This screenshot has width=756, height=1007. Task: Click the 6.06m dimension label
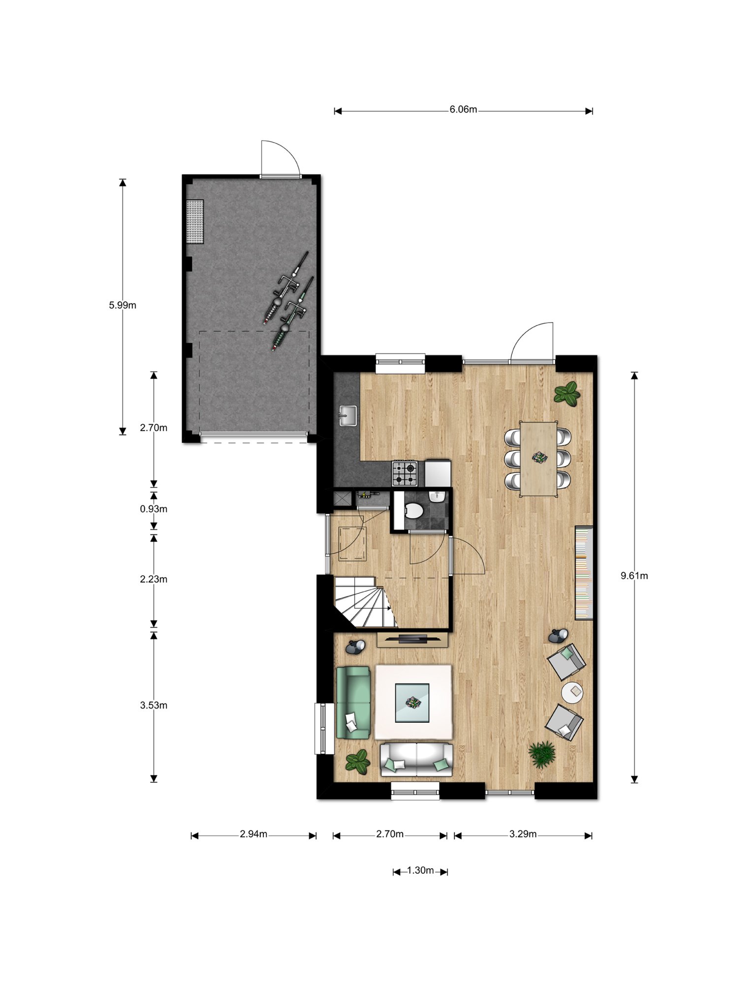click(463, 110)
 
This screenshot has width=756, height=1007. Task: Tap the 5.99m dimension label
click(123, 305)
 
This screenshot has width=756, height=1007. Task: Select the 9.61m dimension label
click(634, 576)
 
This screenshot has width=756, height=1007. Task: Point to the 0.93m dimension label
click(154, 509)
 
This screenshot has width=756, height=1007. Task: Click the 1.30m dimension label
click(420, 871)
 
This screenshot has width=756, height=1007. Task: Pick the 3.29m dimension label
click(523, 834)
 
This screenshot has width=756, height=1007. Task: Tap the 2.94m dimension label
click(253, 834)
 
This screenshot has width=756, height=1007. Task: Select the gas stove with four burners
click(405, 473)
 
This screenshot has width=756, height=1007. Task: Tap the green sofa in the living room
click(353, 702)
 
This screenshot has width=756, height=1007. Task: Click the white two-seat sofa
click(417, 760)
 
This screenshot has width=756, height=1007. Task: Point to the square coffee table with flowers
click(413, 703)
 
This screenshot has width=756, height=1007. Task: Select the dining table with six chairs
click(539, 458)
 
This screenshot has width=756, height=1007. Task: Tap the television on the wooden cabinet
click(413, 639)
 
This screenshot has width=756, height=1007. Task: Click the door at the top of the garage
click(280, 158)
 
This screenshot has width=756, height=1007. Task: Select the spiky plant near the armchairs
click(542, 754)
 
